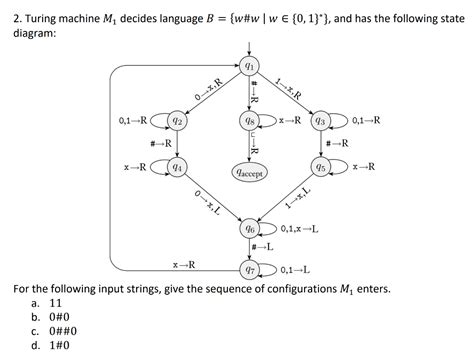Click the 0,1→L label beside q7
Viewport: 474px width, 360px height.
coord(295,269)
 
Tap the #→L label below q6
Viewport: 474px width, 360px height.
coord(263,248)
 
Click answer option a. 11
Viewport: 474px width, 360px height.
coord(54,301)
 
